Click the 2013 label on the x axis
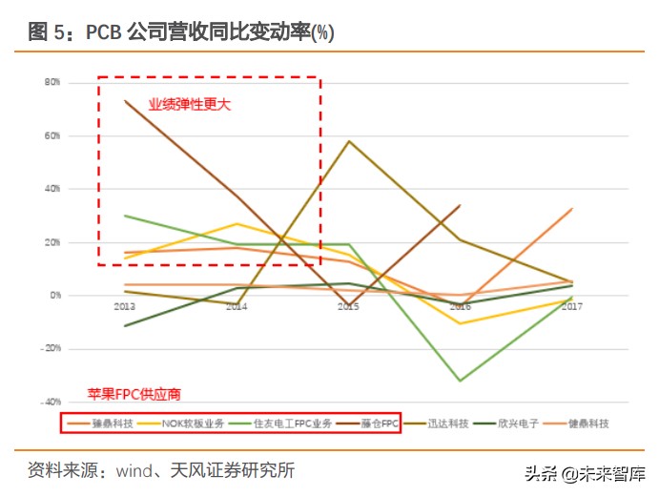pos(125,306)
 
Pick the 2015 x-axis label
pos(348,306)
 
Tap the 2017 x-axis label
pos(571,306)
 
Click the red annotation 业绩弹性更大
pos(189,104)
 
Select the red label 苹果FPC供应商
pos(134,393)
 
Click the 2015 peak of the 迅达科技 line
pos(349,141)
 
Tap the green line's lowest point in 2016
pos(461,381)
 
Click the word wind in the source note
pos(134,470)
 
